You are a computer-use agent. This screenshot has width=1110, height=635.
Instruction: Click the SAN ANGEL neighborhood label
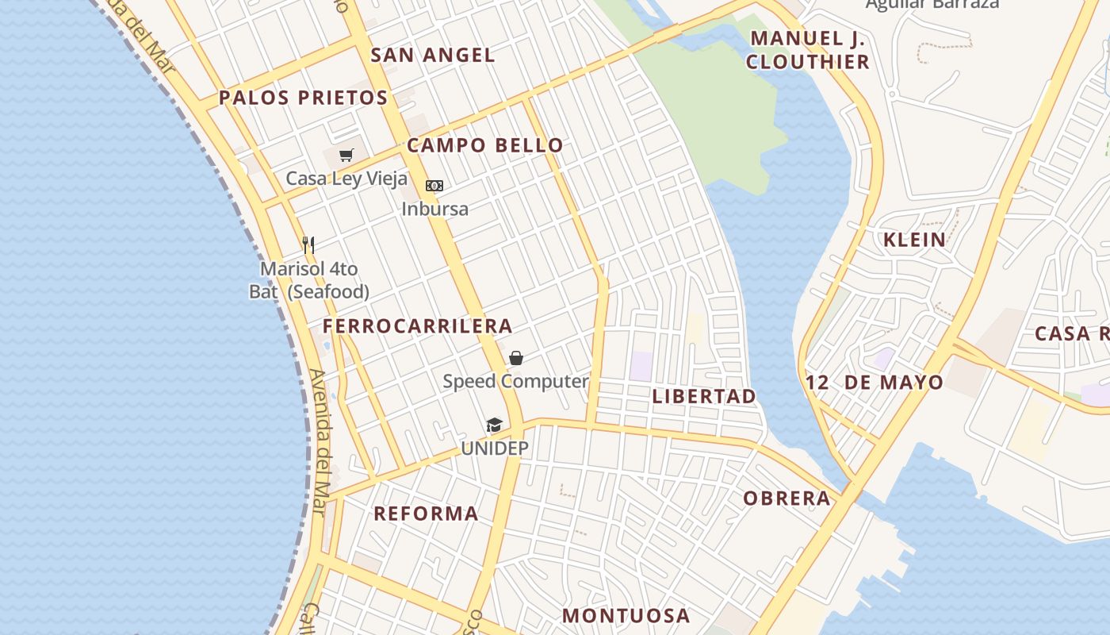[433, 55]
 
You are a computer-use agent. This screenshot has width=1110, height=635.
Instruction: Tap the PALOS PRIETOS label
[303, 98]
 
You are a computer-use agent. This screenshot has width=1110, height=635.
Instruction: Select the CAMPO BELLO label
[484, 145]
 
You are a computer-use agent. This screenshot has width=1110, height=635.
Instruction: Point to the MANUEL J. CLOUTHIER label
[807, 50]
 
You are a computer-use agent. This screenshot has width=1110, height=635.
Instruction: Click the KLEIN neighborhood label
[914, 240]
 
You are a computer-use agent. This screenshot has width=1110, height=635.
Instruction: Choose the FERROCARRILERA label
[417, 326]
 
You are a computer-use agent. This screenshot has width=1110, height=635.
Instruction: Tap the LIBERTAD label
[704, 396]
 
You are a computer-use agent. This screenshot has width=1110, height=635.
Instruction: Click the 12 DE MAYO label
[875, 383]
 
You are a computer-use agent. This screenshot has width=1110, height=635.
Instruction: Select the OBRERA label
[787, 498]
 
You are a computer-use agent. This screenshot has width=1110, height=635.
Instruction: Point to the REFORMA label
[426, 514]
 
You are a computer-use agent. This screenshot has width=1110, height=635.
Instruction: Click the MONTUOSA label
[626, 615]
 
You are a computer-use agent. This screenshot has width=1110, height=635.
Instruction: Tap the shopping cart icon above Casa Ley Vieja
[346, 155]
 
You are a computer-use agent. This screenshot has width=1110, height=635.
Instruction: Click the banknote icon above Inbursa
[434, 186]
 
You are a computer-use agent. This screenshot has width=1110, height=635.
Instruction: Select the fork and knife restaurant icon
[308, 244]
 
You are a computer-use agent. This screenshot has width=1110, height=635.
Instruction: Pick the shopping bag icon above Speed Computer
[516, 358]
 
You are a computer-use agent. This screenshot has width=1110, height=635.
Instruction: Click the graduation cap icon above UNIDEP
[494, 425]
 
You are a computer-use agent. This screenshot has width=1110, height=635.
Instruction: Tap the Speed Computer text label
[515, 381]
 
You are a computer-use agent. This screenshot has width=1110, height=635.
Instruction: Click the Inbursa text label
[434, 210]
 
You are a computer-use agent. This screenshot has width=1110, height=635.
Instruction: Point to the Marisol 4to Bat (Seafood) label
[309, 280]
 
